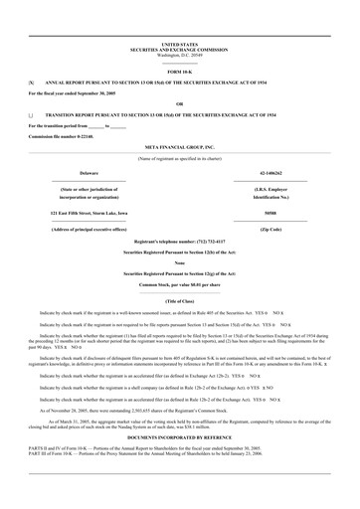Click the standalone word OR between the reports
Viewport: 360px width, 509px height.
click(179, 103)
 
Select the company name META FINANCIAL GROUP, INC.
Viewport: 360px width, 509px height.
click(179, 145)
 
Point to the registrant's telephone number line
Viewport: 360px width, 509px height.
click(179, 245)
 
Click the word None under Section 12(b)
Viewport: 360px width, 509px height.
click(179, 262)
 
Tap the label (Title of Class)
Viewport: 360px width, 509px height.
click(179, 300)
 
